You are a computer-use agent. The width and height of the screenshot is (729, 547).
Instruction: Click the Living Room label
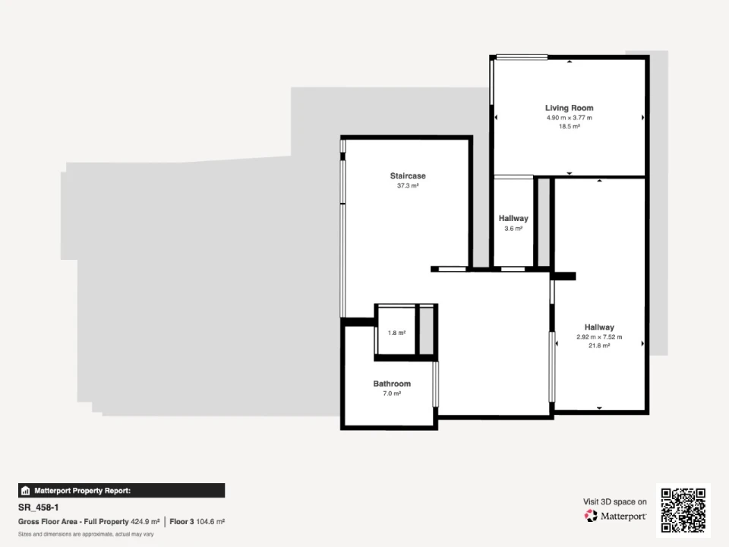[569, 108]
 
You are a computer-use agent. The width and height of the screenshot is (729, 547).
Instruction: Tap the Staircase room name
[408, 175]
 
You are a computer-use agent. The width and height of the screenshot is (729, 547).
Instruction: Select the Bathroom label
[392, 384]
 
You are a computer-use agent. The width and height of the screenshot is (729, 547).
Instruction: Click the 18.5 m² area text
[569, 127]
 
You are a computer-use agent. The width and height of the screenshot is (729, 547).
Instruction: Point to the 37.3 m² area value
[408, 185]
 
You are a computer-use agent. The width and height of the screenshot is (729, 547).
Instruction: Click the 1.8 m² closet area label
[396, 333]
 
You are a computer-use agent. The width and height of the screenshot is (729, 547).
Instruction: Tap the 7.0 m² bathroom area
[392, 394]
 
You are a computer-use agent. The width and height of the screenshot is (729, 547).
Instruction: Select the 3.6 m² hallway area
[513, 229]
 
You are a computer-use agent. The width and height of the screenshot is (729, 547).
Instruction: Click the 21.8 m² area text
[599, 346]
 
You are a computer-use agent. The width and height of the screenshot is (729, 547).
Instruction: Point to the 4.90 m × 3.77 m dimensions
[569, 118]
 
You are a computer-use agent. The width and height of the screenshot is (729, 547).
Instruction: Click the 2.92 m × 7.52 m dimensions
[599, 337]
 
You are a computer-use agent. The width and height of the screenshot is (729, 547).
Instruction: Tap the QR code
[683, 511]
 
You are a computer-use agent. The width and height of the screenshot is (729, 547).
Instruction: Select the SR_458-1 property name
[39, 507]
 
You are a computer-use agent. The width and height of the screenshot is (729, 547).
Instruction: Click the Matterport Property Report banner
[121, 491]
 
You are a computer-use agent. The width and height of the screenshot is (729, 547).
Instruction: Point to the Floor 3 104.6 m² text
[197, 522]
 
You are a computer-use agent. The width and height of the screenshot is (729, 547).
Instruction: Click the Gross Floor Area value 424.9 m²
[145, 522]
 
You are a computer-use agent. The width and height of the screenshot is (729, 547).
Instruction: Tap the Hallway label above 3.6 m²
[513, 218]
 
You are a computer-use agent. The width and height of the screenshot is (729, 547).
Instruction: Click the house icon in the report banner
[26, 491]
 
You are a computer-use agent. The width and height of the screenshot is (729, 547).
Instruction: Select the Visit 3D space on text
[615, 502]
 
